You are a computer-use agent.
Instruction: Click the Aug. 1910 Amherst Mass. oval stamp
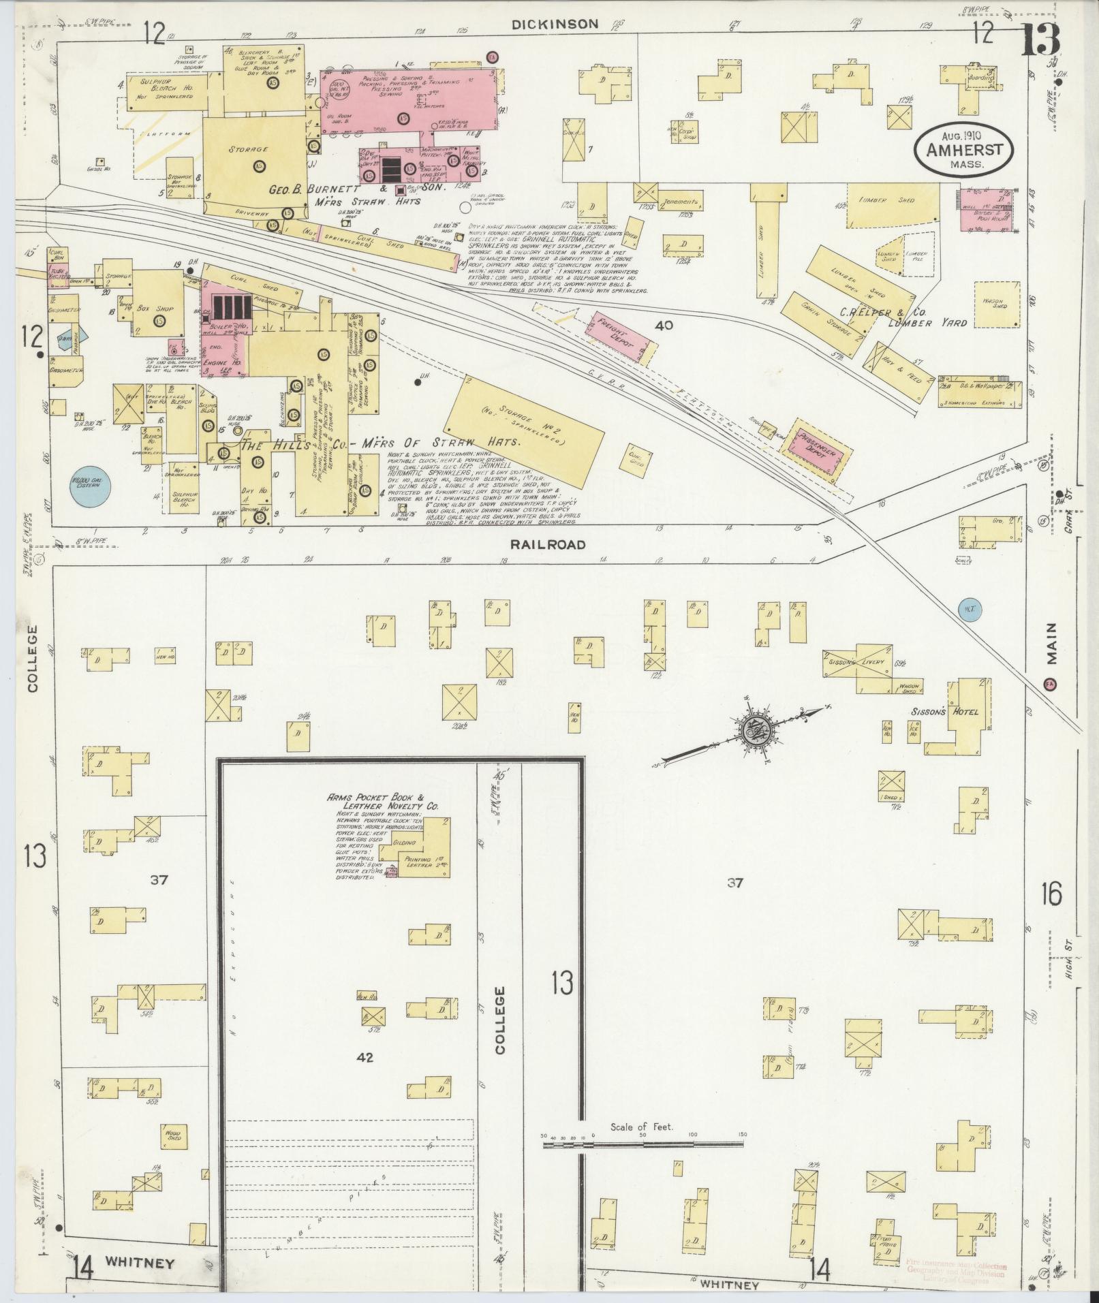pos(963,151)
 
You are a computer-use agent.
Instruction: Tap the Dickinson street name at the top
pos(555,25)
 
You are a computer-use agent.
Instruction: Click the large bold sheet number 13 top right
pos(1040,40)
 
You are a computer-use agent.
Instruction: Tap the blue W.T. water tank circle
pos(968,610)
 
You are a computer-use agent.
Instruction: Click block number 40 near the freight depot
pos(663,326)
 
